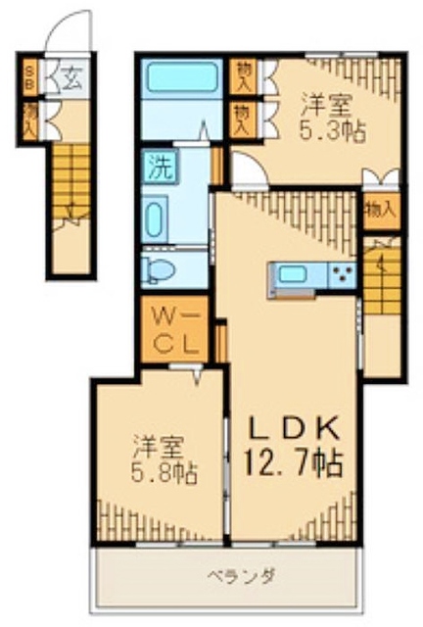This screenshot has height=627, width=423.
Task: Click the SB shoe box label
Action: pyautogui.click(x=30, y=77)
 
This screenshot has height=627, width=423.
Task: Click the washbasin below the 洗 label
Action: pyautogui.click(x=155, y=217)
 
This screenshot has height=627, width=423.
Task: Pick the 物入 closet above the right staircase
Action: pyautogui.click(x=380, y=210)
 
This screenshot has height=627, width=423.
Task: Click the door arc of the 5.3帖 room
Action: pyautogui.click(x=247, y=168)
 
